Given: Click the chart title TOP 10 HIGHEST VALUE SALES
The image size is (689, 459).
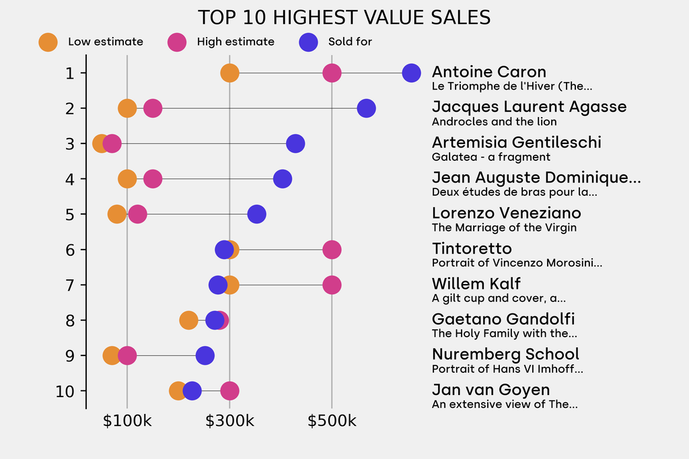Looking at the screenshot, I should [x=344, y=17].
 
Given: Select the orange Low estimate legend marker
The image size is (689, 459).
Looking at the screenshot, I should [x=48, y=42].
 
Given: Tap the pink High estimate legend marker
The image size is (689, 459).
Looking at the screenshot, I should [x=177, y=42].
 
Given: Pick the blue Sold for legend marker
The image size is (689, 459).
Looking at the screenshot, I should [x=308, y=42].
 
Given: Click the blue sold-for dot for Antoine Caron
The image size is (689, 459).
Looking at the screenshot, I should [x=411, y=73].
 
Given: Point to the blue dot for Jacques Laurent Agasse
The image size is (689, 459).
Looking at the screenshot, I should [x=366, y=108].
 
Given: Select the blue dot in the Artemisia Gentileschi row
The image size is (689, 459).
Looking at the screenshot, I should [x=295, y=143].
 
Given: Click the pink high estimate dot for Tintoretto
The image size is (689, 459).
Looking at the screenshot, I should [x=331, y=250].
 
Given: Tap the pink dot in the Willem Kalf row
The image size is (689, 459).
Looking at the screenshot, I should [x=331, y=285].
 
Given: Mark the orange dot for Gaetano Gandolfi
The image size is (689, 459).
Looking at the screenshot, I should [x=189, y=320].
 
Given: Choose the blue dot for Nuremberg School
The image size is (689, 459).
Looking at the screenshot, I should [x=205, y=355].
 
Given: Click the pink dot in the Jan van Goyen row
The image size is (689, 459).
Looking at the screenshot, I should [x=229, y=391].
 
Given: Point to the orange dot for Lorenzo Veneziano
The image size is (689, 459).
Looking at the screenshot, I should [x=117, y=214].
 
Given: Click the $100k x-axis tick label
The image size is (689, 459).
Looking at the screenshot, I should [x=127, y=421].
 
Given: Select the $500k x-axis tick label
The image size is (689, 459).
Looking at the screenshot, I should [x=332, y=421].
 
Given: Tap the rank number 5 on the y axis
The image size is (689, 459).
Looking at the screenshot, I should [x=70, y=214].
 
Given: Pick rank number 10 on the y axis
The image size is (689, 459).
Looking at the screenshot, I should [x=65, y=391].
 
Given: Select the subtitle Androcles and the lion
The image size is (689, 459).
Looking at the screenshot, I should [x=494, y=122].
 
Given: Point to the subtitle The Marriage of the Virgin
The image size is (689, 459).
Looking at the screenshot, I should [x=504, y=227].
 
